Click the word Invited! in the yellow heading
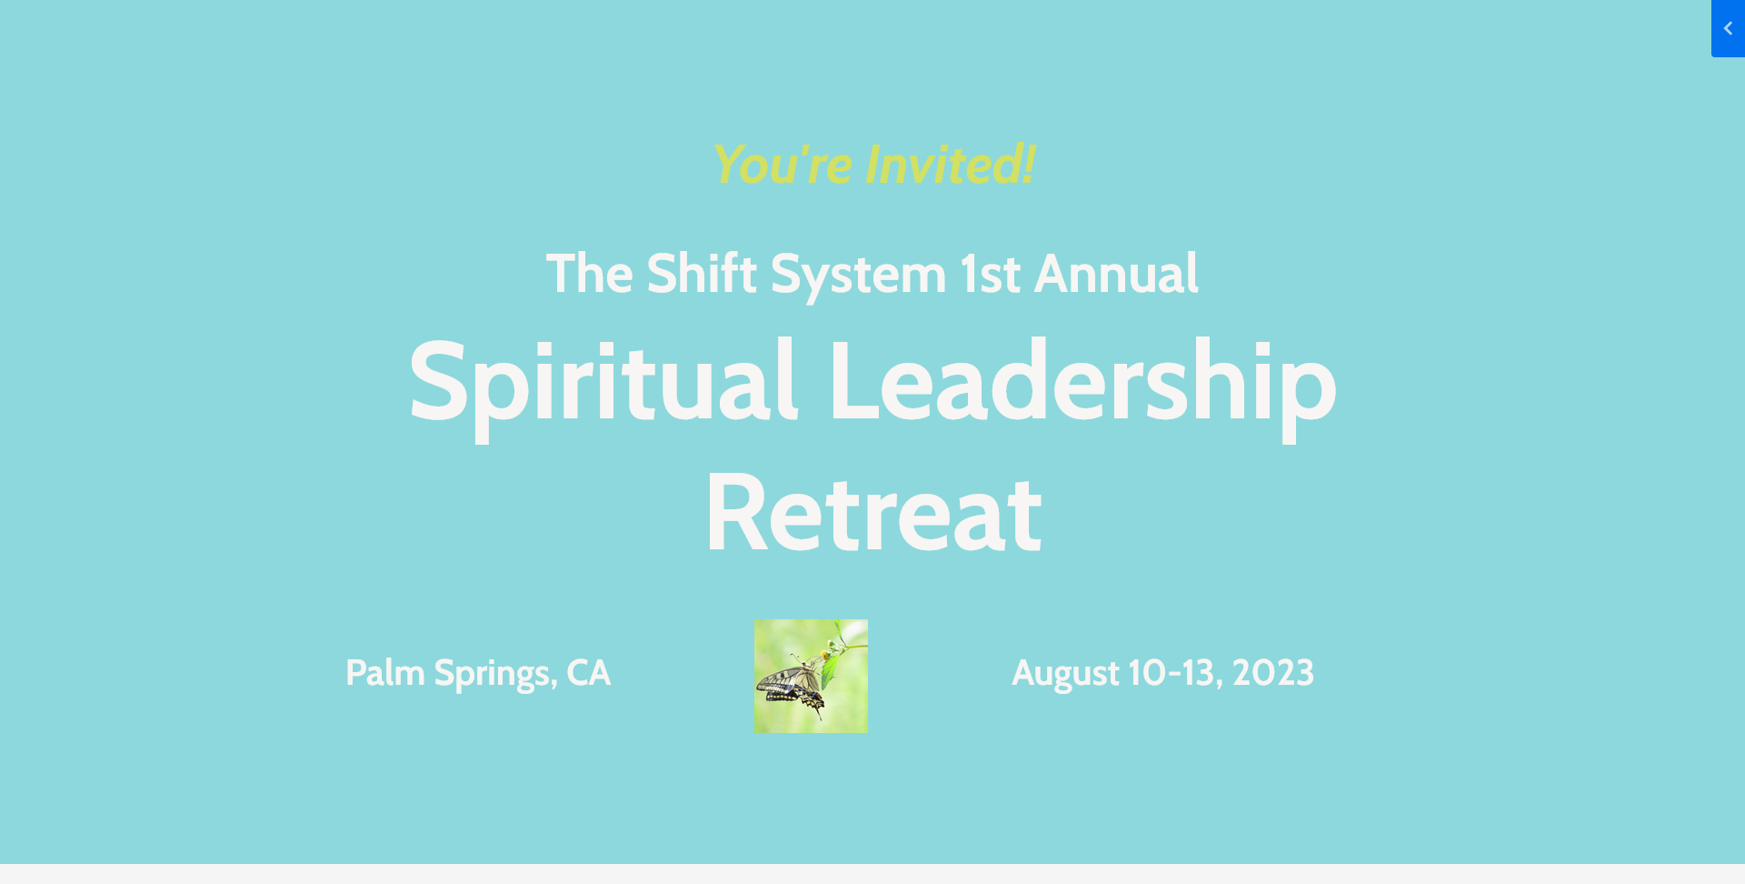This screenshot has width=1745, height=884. (x=950, y=165)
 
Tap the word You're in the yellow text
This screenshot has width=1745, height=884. (x=783, y=165)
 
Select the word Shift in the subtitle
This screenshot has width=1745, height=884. (x=702, y=273)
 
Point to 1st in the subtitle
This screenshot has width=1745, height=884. (x=991, y=274)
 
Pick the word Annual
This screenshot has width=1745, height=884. (x=1117, y=273)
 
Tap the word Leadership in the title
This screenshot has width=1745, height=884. (x=1082, y=383)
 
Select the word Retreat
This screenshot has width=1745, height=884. (x=873, y=513)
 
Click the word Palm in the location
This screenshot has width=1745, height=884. (x=385, y=673)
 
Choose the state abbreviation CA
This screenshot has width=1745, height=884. (x=589, y=673)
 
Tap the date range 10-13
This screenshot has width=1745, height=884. (x=1175, y=674)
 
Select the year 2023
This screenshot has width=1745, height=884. (x=1273, y=673)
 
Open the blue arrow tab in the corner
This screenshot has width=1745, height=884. (x=1728, y=28)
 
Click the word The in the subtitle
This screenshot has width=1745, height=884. (x=589, y=273)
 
